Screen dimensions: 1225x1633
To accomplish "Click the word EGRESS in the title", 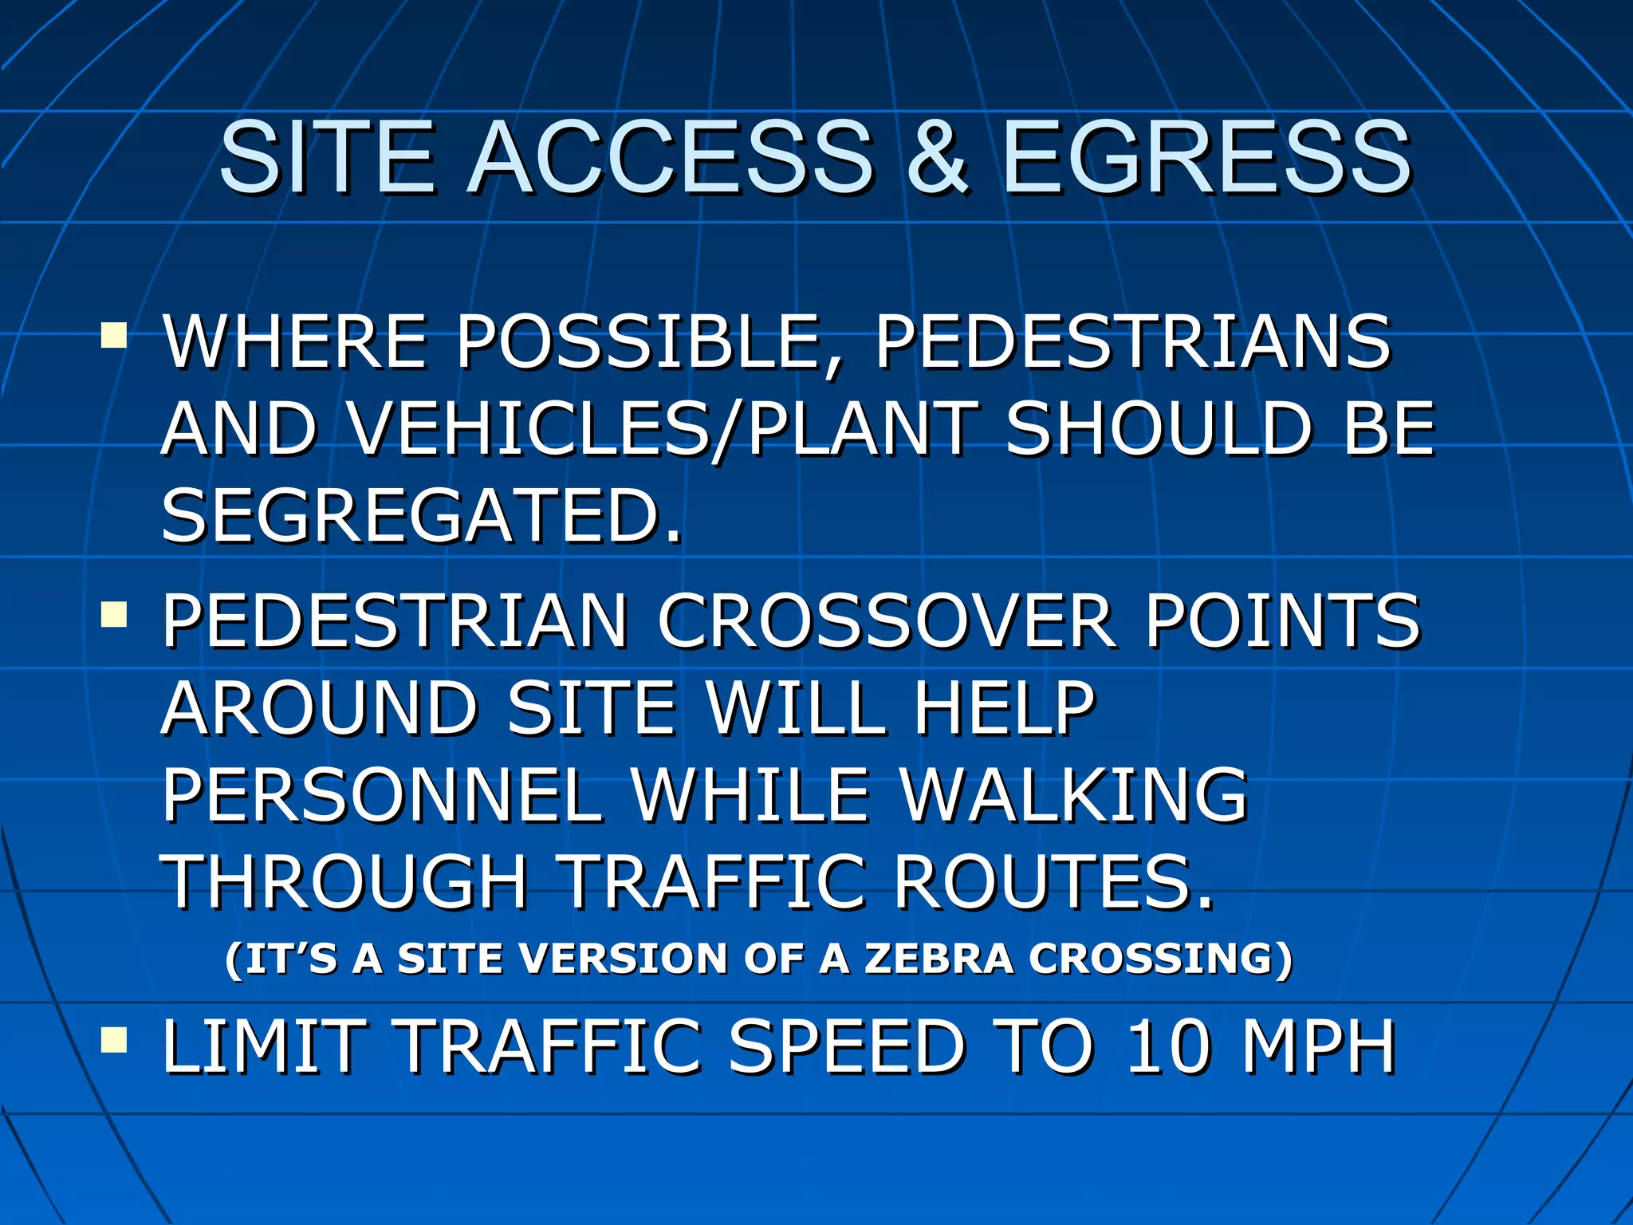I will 1206,157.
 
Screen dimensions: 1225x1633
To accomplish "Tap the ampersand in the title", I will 938,157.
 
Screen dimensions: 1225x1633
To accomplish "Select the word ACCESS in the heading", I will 671,157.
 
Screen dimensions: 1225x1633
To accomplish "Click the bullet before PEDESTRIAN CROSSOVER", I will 114,614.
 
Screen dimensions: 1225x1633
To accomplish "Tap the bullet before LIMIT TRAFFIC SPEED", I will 114,1040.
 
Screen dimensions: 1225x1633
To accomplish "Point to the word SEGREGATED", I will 421,516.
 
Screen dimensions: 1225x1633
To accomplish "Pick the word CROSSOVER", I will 885,621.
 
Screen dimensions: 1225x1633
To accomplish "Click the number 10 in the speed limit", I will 1167,1046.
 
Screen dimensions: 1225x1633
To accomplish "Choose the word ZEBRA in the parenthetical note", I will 938,958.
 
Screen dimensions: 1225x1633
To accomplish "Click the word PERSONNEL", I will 381,795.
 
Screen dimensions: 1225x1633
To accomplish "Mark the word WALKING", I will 1073,795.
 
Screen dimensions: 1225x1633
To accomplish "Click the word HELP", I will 1004,708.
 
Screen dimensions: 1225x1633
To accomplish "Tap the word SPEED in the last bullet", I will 847,1046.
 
